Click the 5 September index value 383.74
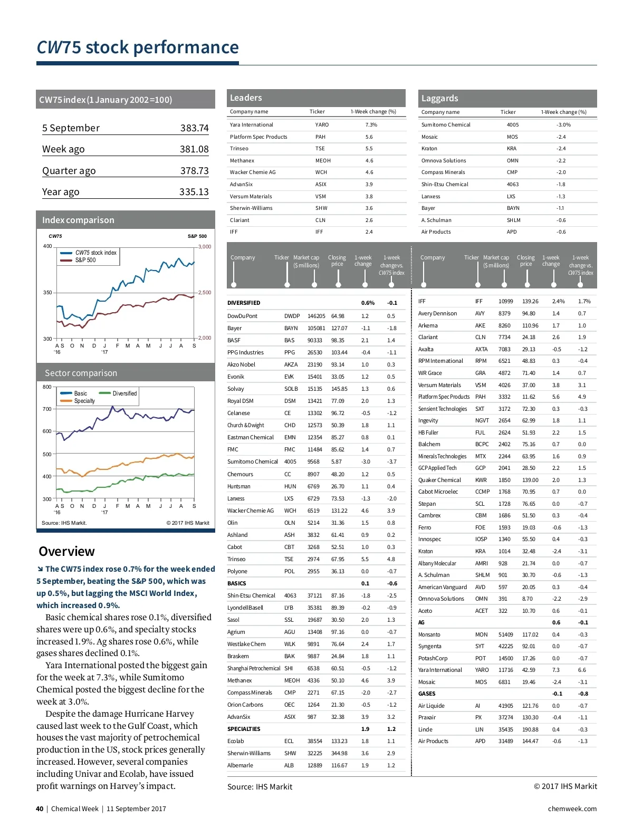point(194,128)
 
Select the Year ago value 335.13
point(194,192)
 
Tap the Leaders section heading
point(246,98)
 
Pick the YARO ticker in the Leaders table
point(322,125)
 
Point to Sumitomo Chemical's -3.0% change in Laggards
point(563,125)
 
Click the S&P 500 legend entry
point(85,260)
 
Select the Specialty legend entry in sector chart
point(84,401)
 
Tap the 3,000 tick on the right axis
point(205,247)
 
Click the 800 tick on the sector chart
point(47,387)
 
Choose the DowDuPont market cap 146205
point(316,316)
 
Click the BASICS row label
point(237,584)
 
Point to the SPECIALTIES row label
point(244,729)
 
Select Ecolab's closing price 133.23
point(339,742)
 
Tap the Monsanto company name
point(429,635)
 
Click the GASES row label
point(427,694)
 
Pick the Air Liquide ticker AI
point(477,706)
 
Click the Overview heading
point(66,552)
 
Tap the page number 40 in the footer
point(40,809)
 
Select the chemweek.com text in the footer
point(572,809)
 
